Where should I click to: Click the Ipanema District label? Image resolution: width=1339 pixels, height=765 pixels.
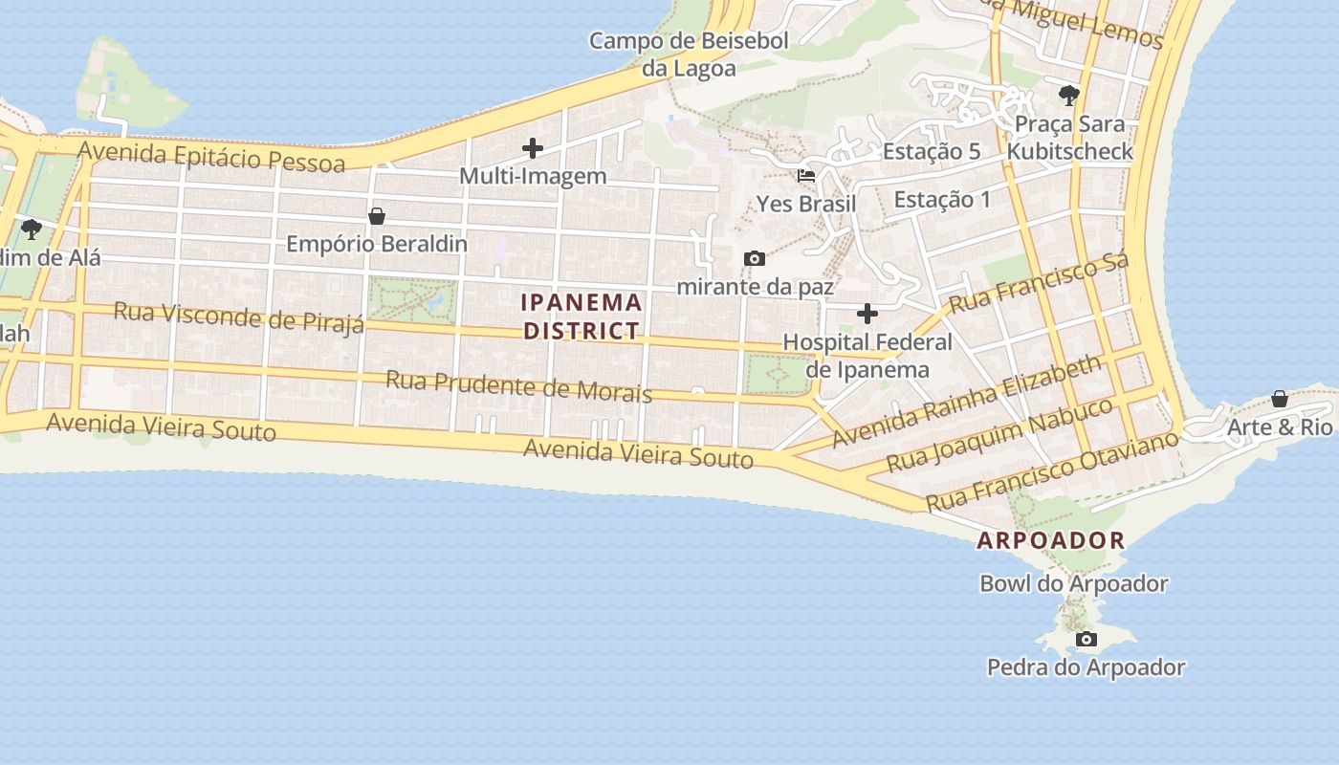point(582,317)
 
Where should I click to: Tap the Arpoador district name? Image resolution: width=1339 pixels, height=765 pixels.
point(1050,540)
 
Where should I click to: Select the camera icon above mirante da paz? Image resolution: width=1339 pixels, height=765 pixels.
point(755,258)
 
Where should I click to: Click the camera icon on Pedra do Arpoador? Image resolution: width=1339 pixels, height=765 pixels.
point(1086,639)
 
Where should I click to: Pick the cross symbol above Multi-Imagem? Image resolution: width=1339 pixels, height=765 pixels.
point(533,148)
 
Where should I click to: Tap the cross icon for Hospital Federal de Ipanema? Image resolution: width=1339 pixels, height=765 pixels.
point(867,314)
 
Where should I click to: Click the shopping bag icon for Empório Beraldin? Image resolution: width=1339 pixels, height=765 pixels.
point(377,216)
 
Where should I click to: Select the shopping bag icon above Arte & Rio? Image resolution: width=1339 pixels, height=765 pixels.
point(1280,399)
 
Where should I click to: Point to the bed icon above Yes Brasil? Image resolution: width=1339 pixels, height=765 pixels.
point(806,176)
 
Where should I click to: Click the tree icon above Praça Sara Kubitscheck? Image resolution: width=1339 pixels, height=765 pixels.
point(1069,95)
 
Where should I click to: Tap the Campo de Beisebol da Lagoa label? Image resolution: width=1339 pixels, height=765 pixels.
point(689,55)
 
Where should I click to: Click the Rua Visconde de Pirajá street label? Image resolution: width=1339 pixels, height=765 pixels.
point(238,317)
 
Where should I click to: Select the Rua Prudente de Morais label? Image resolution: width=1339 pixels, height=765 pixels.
point(518,386)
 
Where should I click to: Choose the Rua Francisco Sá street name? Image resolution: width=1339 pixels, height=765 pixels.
point(1039,281)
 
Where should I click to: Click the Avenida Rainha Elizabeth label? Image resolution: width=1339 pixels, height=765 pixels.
point(966,403)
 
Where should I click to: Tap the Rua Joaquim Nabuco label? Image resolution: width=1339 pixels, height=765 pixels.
point(999,435)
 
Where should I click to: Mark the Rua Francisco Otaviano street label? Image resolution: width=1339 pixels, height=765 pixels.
point(1052,471)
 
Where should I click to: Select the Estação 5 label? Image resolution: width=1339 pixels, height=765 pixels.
point(932,151)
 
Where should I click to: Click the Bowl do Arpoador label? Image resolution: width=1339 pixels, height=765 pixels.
point(1073,583)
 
